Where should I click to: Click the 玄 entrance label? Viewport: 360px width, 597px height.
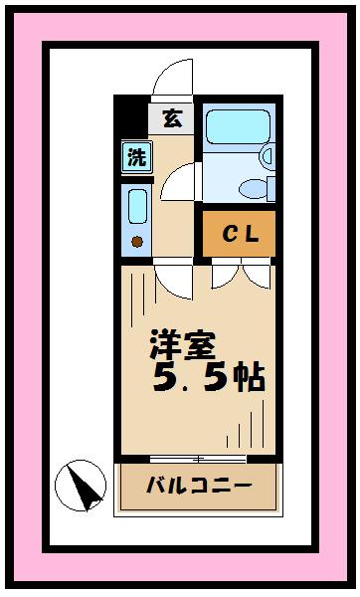(172, 117)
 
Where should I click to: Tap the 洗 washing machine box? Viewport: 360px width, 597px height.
(136, 156)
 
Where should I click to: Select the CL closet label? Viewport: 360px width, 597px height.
(239, 235)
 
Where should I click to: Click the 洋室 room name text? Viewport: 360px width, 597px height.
(181, 345)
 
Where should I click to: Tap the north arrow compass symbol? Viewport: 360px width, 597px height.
(81, 486)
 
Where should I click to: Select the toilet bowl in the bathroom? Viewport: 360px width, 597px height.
(255, 188)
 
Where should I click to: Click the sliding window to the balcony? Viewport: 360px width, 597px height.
(197, 459)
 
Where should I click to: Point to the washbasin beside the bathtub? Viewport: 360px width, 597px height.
(266, 156)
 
